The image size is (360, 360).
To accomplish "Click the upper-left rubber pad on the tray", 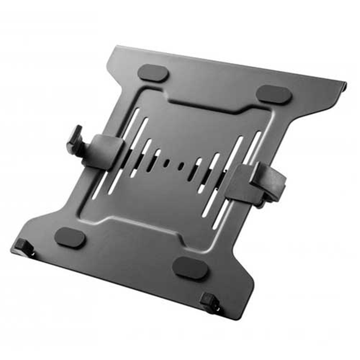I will (x=153, y=73).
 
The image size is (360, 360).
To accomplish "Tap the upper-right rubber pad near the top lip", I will (x=274, y=94).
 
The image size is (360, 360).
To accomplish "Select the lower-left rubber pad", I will (x=70, y=237).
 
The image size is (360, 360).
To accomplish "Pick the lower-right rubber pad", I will (x=190, y=268).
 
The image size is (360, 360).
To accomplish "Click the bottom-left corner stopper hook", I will (x=22, y=247).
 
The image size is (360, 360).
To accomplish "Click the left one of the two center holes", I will (x=166, y=163).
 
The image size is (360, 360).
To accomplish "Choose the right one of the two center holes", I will (x=181, y=166).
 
